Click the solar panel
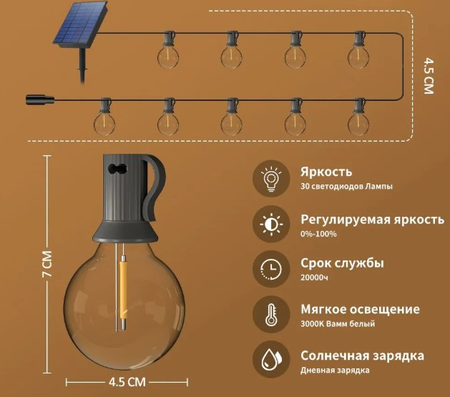[x=81, y=25]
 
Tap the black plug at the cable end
[x=40, y=100]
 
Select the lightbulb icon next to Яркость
[x=271, y=178]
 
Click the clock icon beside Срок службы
[x=271, y=269]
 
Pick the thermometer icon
[x=271, y=315]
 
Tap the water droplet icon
[x=271, y=359]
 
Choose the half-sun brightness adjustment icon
[x=271, y=224]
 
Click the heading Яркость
[x=326, y=172]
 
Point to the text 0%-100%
[x=318, y=234]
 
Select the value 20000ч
[x=314, y=278]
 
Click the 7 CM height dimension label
[x=47, y=264]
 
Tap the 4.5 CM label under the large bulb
[x=127, y=382]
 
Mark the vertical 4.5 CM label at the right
[x=429, y=76]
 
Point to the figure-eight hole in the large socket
[x=117, y=168]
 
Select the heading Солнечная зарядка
[x=362, y=356]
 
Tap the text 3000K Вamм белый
[x=338, y=323]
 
